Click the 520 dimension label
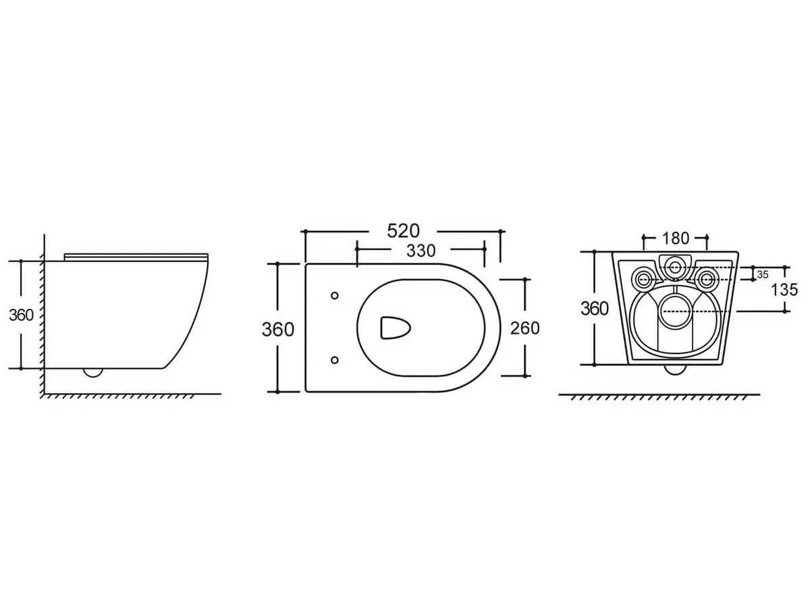tap(403, 231)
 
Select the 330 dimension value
tap(421, 251)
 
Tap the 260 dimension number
tap(524, 328)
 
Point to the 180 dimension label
tap(675, 238)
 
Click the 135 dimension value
tap(784, 290)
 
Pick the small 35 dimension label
tap(762, 275)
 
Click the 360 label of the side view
tap(21, 315)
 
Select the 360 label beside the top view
tap(278, 329)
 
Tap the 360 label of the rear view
tap(594, 309)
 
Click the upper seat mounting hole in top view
tap(335, 295)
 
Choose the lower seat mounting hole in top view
tap(335, 360)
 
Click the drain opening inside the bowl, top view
tap(396, 328)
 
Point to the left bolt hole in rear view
tap(645, 279)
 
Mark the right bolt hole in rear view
tap(706, 279)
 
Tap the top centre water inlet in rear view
tap(675, 267)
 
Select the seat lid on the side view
tap(136, 257)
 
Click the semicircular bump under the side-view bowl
tap(92, 372)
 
